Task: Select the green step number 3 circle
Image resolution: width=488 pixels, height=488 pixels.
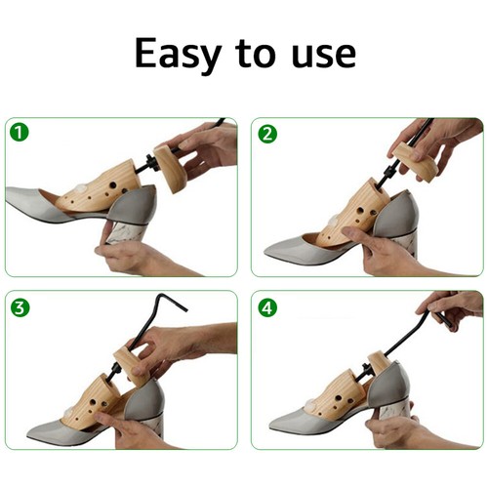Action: [x=20, y=305]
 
